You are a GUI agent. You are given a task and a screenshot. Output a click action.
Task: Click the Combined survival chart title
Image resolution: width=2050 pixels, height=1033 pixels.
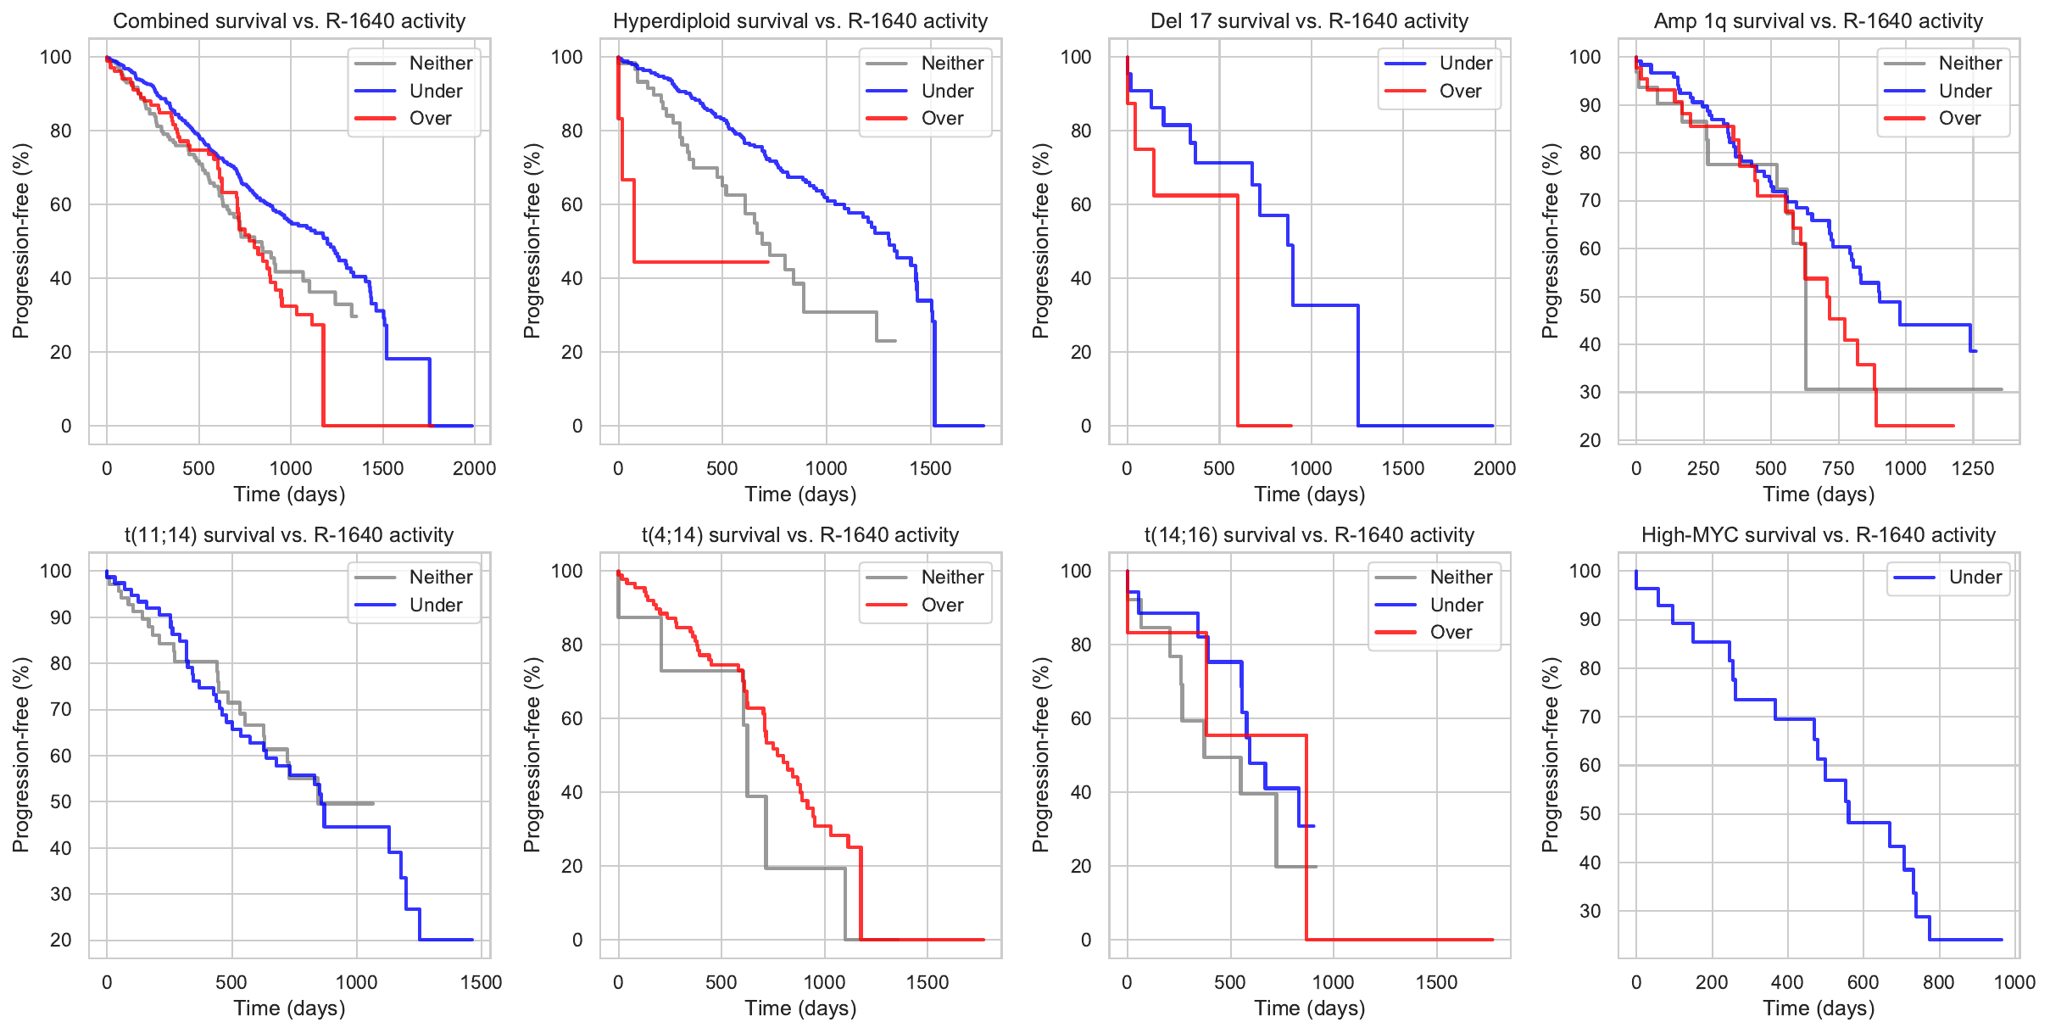point(289,21)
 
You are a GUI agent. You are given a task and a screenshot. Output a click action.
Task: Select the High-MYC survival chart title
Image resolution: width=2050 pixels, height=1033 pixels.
point(1818,535)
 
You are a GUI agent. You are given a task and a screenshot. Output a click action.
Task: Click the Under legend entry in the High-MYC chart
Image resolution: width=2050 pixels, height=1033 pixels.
point(1975,578)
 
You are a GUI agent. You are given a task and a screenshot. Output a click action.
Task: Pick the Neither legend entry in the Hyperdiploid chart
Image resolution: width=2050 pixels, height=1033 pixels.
point(951,63)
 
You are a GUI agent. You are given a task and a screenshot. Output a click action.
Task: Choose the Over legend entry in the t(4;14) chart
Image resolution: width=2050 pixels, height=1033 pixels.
point(942,606)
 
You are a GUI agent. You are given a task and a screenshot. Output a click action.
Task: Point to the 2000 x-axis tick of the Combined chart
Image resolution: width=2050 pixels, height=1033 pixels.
point(474,468)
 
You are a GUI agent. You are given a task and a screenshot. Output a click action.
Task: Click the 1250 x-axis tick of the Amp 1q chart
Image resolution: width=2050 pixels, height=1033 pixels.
point(1972,468)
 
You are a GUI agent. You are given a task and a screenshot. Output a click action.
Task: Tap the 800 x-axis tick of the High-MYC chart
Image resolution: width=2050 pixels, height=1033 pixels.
point(1938,982)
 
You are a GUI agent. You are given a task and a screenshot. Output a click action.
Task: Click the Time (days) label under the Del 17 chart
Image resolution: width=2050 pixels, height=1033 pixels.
point(1309,494)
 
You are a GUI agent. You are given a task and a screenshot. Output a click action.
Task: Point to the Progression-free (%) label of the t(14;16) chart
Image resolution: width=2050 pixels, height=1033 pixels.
point(1040,755)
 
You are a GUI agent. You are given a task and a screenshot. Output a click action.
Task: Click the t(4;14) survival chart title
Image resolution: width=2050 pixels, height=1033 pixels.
point(799,535)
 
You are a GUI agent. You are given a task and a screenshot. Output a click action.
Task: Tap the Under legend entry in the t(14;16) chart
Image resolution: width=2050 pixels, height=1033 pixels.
point(1456,606)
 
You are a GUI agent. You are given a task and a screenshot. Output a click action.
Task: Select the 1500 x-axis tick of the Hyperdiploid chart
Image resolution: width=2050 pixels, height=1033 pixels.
point(930,468)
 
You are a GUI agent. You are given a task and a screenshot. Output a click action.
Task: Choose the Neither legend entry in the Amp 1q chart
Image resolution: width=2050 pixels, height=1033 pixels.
point(1969,63)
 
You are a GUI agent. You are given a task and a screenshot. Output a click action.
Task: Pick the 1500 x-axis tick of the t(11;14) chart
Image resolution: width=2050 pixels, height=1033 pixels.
point(481,982)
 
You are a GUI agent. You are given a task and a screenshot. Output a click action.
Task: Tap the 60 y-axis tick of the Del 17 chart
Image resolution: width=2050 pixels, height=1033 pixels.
point(1080,204)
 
